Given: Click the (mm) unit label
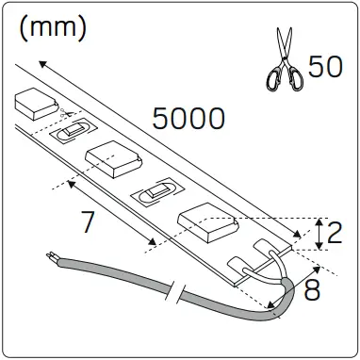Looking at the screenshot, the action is tap(53, 27).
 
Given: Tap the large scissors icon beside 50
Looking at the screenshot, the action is tap(283, 57).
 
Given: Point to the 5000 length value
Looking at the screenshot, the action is tap(188, 118).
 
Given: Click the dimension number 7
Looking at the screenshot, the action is tap(88, 223).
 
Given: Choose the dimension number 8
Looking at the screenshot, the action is tap(314, 286).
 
